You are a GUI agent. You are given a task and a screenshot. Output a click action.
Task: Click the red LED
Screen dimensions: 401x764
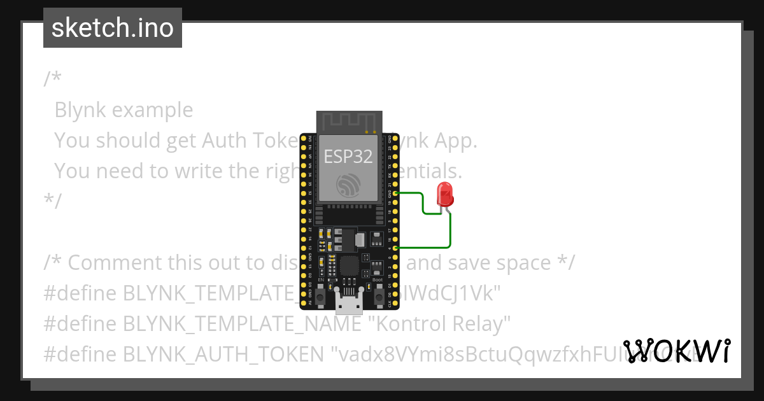(444, 193)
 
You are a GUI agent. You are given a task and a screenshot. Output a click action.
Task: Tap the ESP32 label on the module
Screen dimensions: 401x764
(348, 156)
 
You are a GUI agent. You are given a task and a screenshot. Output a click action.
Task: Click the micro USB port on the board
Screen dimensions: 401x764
(349, 304)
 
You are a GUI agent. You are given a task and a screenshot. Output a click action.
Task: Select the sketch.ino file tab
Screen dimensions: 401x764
(113, 28)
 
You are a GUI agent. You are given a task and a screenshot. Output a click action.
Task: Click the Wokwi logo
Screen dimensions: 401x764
(677, 351)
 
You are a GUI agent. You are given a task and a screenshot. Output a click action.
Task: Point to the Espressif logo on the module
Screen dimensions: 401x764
(349, 185)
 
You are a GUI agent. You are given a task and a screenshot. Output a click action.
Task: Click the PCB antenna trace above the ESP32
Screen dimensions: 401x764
(349, 120)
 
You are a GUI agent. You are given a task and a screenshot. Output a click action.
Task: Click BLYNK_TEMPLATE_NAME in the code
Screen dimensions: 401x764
(243, 324)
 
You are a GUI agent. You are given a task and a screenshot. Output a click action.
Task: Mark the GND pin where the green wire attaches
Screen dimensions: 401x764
(397, 192)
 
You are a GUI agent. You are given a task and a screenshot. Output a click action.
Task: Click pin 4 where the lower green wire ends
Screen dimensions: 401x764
(397, 248)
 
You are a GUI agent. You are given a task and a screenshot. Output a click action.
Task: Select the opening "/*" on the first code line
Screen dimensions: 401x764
(53, 79)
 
